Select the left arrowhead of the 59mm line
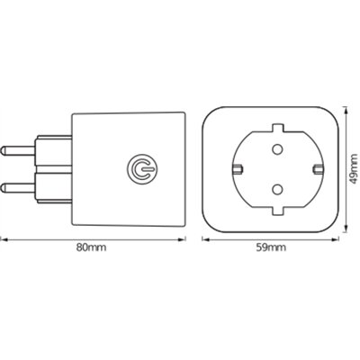pos(203,239)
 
